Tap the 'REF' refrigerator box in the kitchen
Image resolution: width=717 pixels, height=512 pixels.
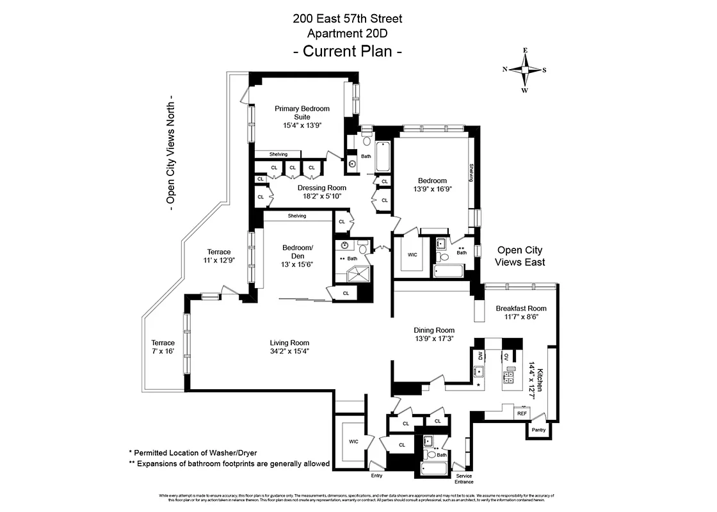[x=522, y=413]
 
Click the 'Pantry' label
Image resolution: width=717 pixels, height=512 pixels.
[x=538, y=430]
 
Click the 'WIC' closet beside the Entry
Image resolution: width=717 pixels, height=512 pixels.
[x=353, y=442]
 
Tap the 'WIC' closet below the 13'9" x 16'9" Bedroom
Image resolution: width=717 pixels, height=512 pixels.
[x=412, y=255]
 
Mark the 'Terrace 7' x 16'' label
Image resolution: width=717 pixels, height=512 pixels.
[x=163, y=347]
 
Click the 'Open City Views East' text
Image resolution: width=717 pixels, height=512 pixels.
[x=520, y=256]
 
